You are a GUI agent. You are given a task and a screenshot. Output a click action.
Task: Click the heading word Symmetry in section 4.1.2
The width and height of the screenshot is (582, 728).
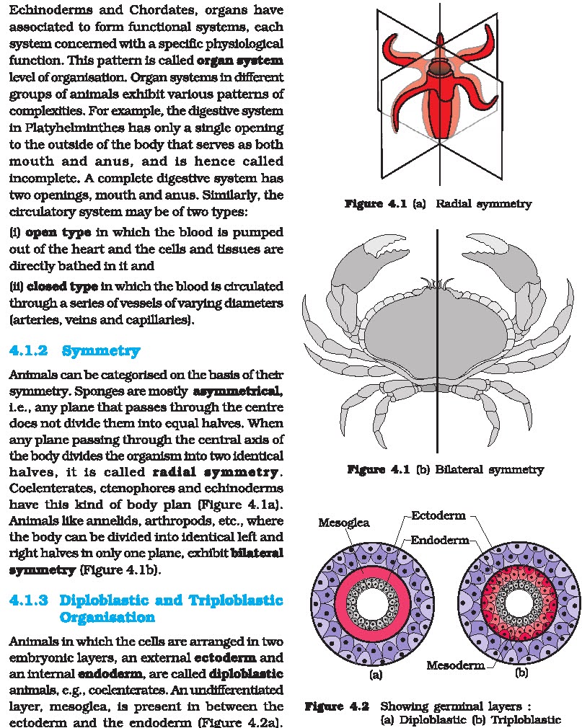(101, 352)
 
